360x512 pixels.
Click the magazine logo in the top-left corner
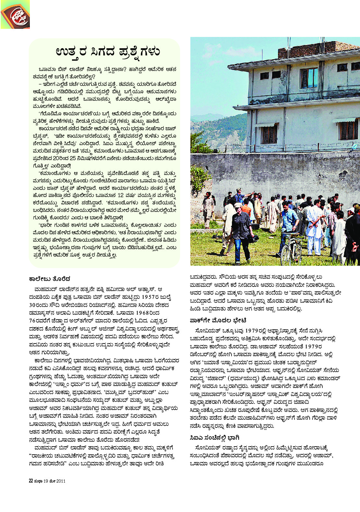click(15, 15)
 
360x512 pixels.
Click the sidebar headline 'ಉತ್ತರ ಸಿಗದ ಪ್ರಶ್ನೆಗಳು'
click(108, 52)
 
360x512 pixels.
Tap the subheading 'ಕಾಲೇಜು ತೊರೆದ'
click(50, 279)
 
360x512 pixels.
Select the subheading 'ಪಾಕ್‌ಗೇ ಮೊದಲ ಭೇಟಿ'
click(218, 320)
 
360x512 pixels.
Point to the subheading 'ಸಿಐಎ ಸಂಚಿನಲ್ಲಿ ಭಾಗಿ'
click(214, 438)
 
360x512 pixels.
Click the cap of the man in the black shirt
click(238, 205)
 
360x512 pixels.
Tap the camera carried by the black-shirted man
click(254, 239)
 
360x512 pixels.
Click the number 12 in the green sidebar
click(121, 195)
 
